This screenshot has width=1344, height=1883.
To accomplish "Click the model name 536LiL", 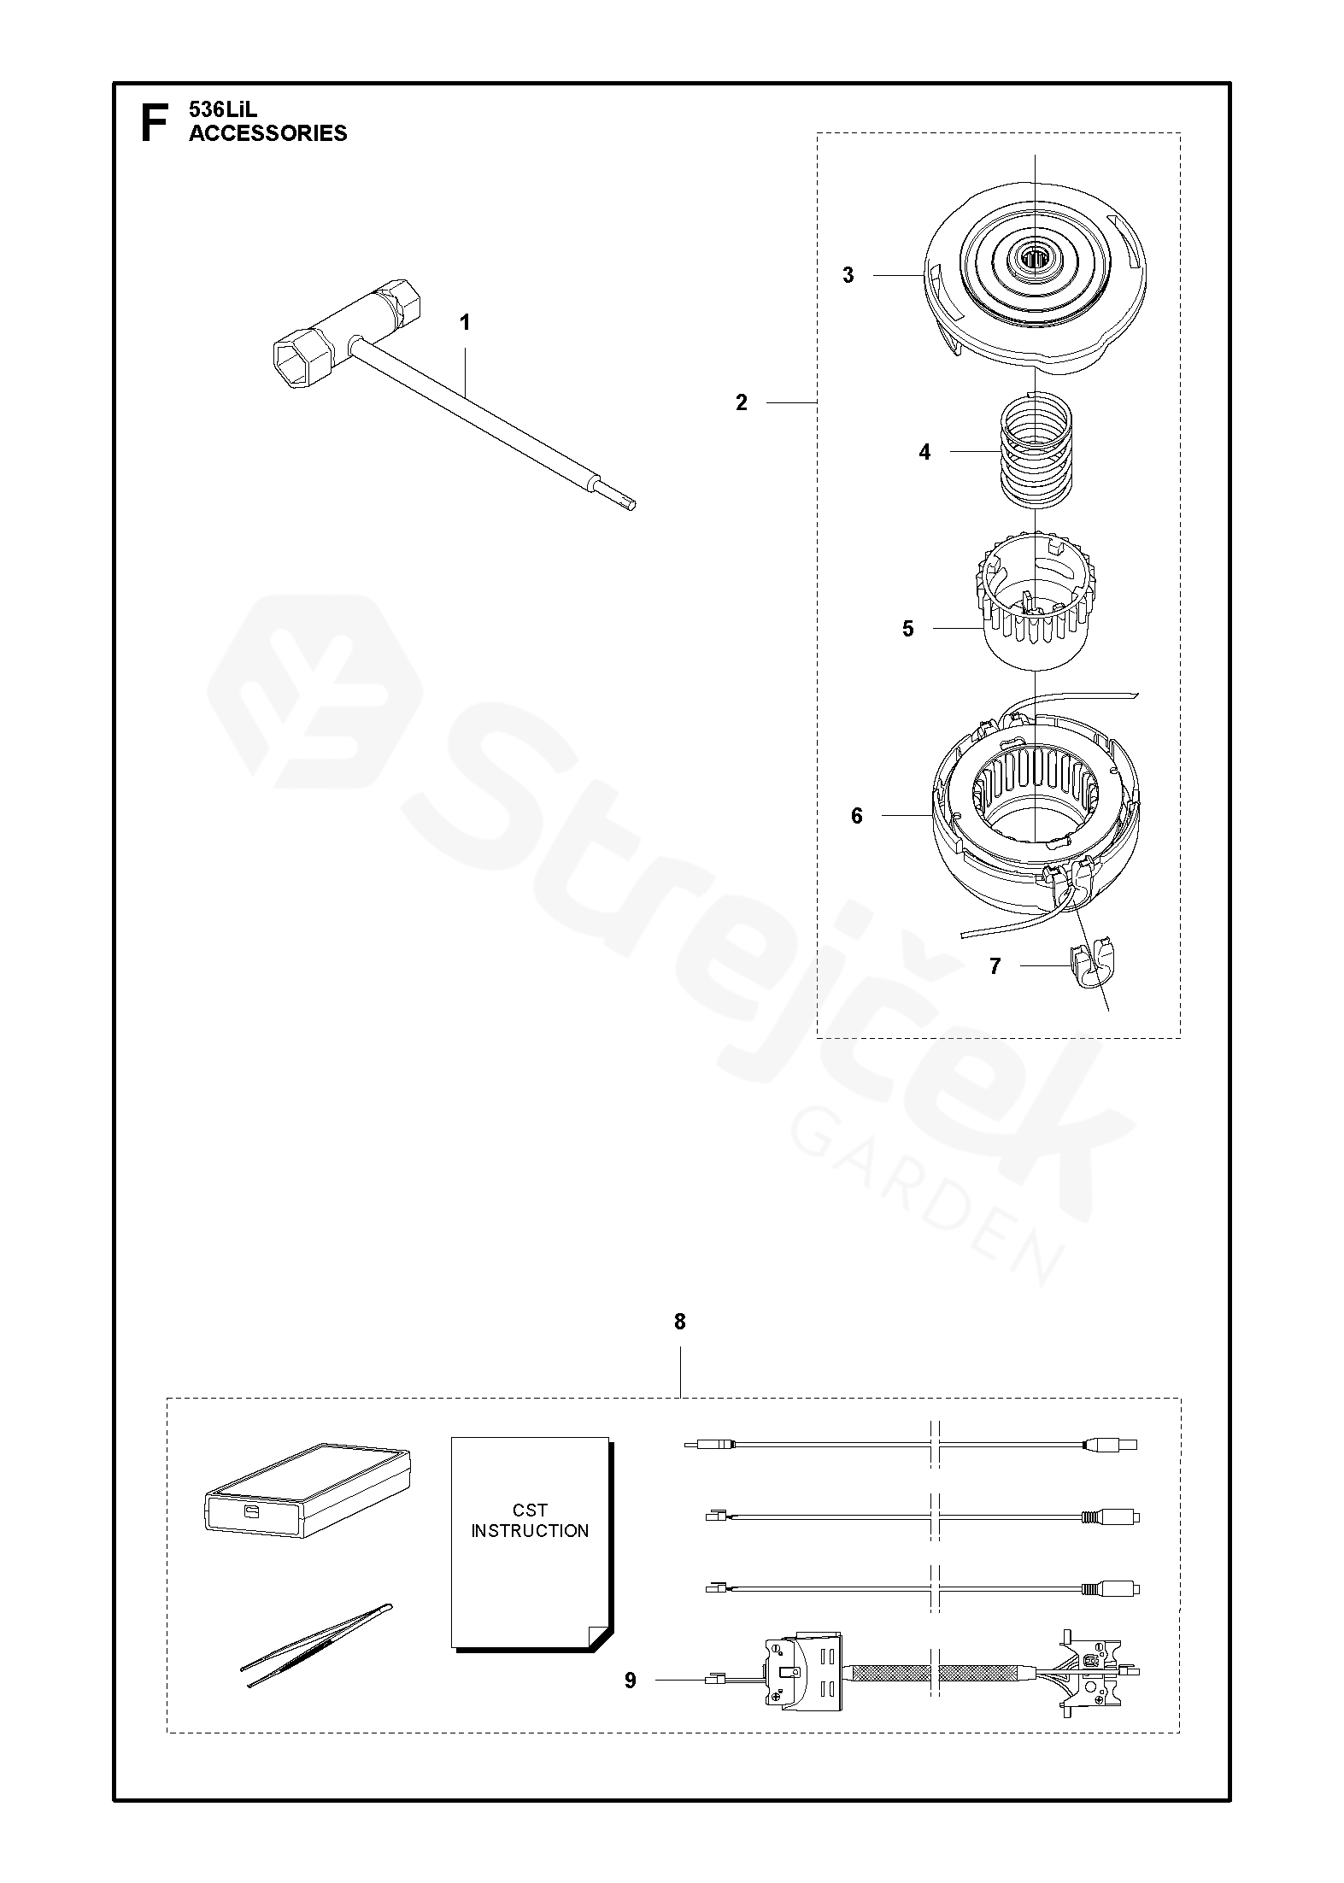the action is tap(223, 110).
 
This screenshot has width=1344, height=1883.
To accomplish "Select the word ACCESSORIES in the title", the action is tap(268, 133).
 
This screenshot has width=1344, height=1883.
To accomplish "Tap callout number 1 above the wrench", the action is tap(465, 323).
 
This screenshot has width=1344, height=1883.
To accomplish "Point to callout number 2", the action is tap(742, 402).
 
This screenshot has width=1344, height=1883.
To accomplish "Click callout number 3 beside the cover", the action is tap(848, 275).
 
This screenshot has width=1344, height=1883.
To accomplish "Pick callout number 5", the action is tap(907, 629).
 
